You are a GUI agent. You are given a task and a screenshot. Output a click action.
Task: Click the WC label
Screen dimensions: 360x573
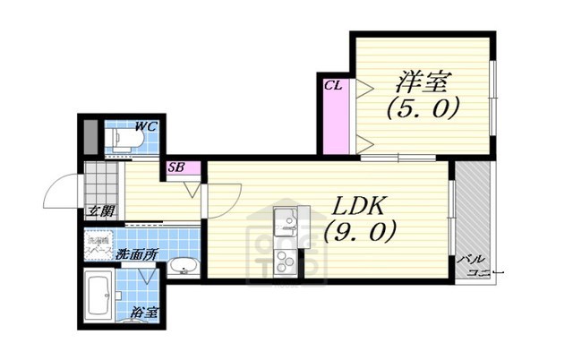pos(146,127)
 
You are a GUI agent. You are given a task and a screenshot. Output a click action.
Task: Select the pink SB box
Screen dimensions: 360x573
pos(176,167)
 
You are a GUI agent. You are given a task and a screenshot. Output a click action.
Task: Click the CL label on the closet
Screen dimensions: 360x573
pos(333,86)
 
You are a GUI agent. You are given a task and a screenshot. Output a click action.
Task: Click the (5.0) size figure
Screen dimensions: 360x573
pos(423,109)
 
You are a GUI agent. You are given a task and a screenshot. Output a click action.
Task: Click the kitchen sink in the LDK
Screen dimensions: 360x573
pos(287,220)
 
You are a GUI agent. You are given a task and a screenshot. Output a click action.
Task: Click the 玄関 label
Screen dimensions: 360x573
pos(100,211)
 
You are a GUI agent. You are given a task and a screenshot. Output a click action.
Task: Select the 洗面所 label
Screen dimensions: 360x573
pos(136,255)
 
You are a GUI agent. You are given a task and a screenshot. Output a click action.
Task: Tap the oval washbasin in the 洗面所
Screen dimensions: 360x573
pos(184,266)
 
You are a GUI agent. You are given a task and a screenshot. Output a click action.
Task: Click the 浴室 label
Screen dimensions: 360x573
pos(144,314)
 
